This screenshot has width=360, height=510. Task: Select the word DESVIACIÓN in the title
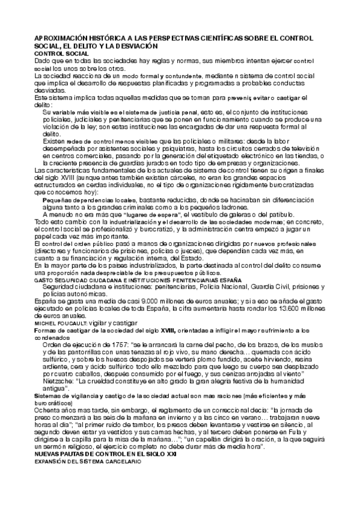(135, 46)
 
